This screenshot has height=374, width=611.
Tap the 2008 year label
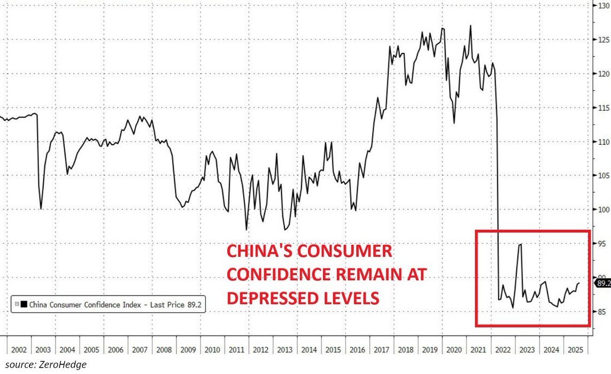coord(163,349)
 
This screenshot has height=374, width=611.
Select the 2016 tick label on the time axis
coord(357,349)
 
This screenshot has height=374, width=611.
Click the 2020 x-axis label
coord(454,349)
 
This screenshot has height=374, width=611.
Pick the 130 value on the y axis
coord(602,6)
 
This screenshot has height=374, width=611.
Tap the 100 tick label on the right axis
coord(602,209)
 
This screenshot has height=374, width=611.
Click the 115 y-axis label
coord(602,108)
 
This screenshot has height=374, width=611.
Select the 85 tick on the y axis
coord(601,311)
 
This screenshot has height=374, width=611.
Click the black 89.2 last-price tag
coord(603,284)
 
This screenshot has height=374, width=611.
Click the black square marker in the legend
coord(24,305)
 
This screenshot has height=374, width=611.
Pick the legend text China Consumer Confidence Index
coord(86,305)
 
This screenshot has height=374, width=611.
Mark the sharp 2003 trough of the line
coord(41,208)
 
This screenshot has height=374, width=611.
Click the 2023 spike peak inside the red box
coord(520,244)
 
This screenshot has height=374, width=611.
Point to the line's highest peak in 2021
coord(470,25)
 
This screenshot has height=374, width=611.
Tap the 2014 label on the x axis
coord(308,349)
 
